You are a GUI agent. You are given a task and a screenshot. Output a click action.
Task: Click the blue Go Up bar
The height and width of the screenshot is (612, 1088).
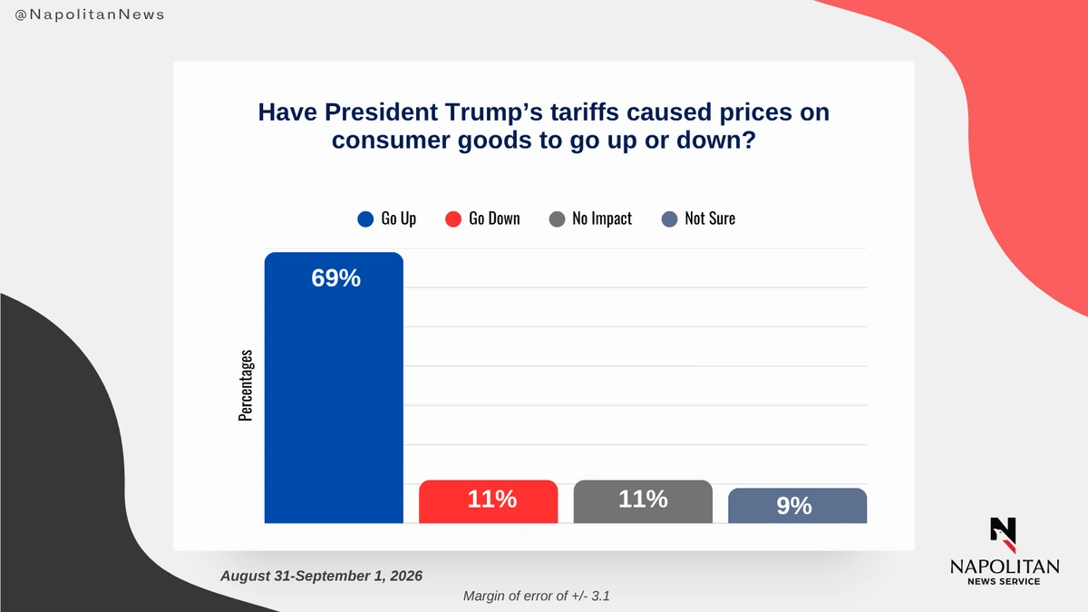(x=334, y=388)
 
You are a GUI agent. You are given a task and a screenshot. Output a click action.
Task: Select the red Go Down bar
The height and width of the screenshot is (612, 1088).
(x=488, y=501)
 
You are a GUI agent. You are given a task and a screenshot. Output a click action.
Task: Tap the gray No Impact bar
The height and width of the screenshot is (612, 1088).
(x=643, y=501)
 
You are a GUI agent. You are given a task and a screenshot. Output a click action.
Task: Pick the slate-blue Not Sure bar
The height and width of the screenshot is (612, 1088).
(x=798, y=506)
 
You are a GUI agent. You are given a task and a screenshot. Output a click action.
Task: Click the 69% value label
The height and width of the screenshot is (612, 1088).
(x=336, y=278)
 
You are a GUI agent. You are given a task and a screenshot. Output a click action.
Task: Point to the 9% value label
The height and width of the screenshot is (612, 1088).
(x=794, y=506)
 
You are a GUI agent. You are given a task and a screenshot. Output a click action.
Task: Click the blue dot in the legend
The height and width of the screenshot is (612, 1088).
(x=365, y=219)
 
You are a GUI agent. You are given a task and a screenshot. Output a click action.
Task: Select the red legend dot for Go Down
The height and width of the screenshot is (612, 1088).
(x=453, y=219)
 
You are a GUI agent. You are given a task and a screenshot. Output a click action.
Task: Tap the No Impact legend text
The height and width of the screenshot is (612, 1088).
(x=602, y=219)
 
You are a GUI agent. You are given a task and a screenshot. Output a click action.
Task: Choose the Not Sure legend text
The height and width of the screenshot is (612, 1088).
(x=710, y=219)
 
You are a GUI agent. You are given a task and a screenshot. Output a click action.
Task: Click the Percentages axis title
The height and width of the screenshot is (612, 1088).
(x=246, y=385)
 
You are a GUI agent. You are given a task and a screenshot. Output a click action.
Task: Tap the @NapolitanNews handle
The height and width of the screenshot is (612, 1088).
(x=90, y=15)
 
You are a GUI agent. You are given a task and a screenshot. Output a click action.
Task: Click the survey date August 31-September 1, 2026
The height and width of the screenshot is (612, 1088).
(x=322, y=576)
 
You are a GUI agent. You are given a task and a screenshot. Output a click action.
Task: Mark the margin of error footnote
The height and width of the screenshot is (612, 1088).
(x=536, y=596)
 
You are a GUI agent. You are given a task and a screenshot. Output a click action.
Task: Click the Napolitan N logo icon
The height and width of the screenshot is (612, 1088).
(x=1004, y=535)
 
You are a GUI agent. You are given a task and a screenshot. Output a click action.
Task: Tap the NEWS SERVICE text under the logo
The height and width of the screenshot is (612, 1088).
(x=1004, y=581)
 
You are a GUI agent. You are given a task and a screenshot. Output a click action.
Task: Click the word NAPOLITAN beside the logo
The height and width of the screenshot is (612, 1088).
(x=1005, y=567)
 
